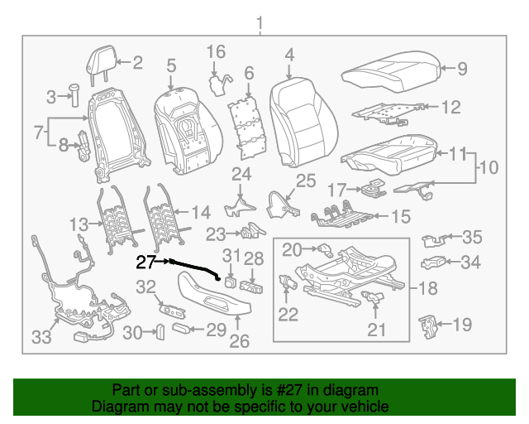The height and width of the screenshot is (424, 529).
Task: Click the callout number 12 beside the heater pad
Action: click(x=450, y=107)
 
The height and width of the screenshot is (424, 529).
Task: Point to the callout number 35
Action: click(x=471, y=238)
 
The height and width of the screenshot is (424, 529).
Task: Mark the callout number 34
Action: click(x=470, y=263)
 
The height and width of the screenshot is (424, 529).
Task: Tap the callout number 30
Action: click(x=132, y=333)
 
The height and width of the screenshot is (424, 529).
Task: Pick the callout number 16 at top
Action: click(x=215, y=52)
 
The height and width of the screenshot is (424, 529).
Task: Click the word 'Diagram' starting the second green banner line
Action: click(x=119, y=407)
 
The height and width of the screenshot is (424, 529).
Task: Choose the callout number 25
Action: click(x=306, y=181)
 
